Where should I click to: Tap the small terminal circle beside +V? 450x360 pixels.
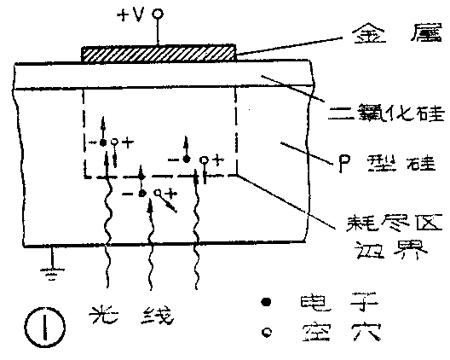159,15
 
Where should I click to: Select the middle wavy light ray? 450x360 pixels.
152,256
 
